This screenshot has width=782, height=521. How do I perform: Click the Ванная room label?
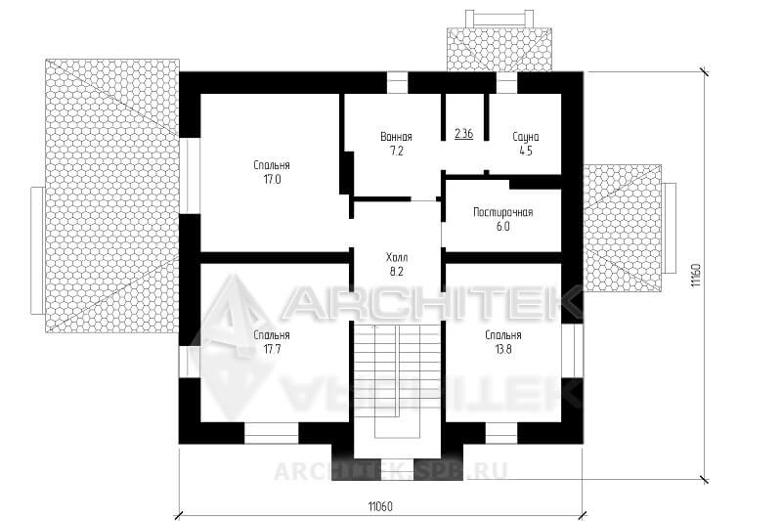click(x=396, y=137)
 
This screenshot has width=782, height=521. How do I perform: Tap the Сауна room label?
click(x=526, y=137)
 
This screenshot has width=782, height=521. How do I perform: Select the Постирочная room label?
click(x=502, y=212)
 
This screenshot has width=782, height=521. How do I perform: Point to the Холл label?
click(x=397, y=258)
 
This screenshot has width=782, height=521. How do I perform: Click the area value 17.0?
click(x=272, y=180)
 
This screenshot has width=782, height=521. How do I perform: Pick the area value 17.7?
click(x=272, y=349)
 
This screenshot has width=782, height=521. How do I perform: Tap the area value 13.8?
click(x=503, y=349)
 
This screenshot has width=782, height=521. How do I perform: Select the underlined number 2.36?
click(x=463, y=134)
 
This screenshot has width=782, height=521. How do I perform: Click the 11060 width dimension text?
click(x=380, y=507)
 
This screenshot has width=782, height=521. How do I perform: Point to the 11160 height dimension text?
click(x=696, y=275)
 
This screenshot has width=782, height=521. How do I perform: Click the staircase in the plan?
click(x=397, y=381)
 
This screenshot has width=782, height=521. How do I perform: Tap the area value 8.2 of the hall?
click(x=397, y=272)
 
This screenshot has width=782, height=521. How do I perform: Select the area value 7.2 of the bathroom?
click(x=397, y=152)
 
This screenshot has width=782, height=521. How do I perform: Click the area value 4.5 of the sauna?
click(x=526, y=152)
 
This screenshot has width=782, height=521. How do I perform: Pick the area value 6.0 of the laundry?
click(x=502, y=227)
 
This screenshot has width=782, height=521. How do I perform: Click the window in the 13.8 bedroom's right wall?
click(x=573, y=351)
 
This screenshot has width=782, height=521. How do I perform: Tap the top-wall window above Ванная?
click(x=398, y=83)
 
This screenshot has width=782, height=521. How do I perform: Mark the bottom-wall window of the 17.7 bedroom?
click(x=271, y=433)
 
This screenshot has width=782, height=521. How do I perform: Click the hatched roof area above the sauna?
click(x=500, y=49)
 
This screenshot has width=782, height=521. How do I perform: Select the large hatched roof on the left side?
click(x=112, y=195)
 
